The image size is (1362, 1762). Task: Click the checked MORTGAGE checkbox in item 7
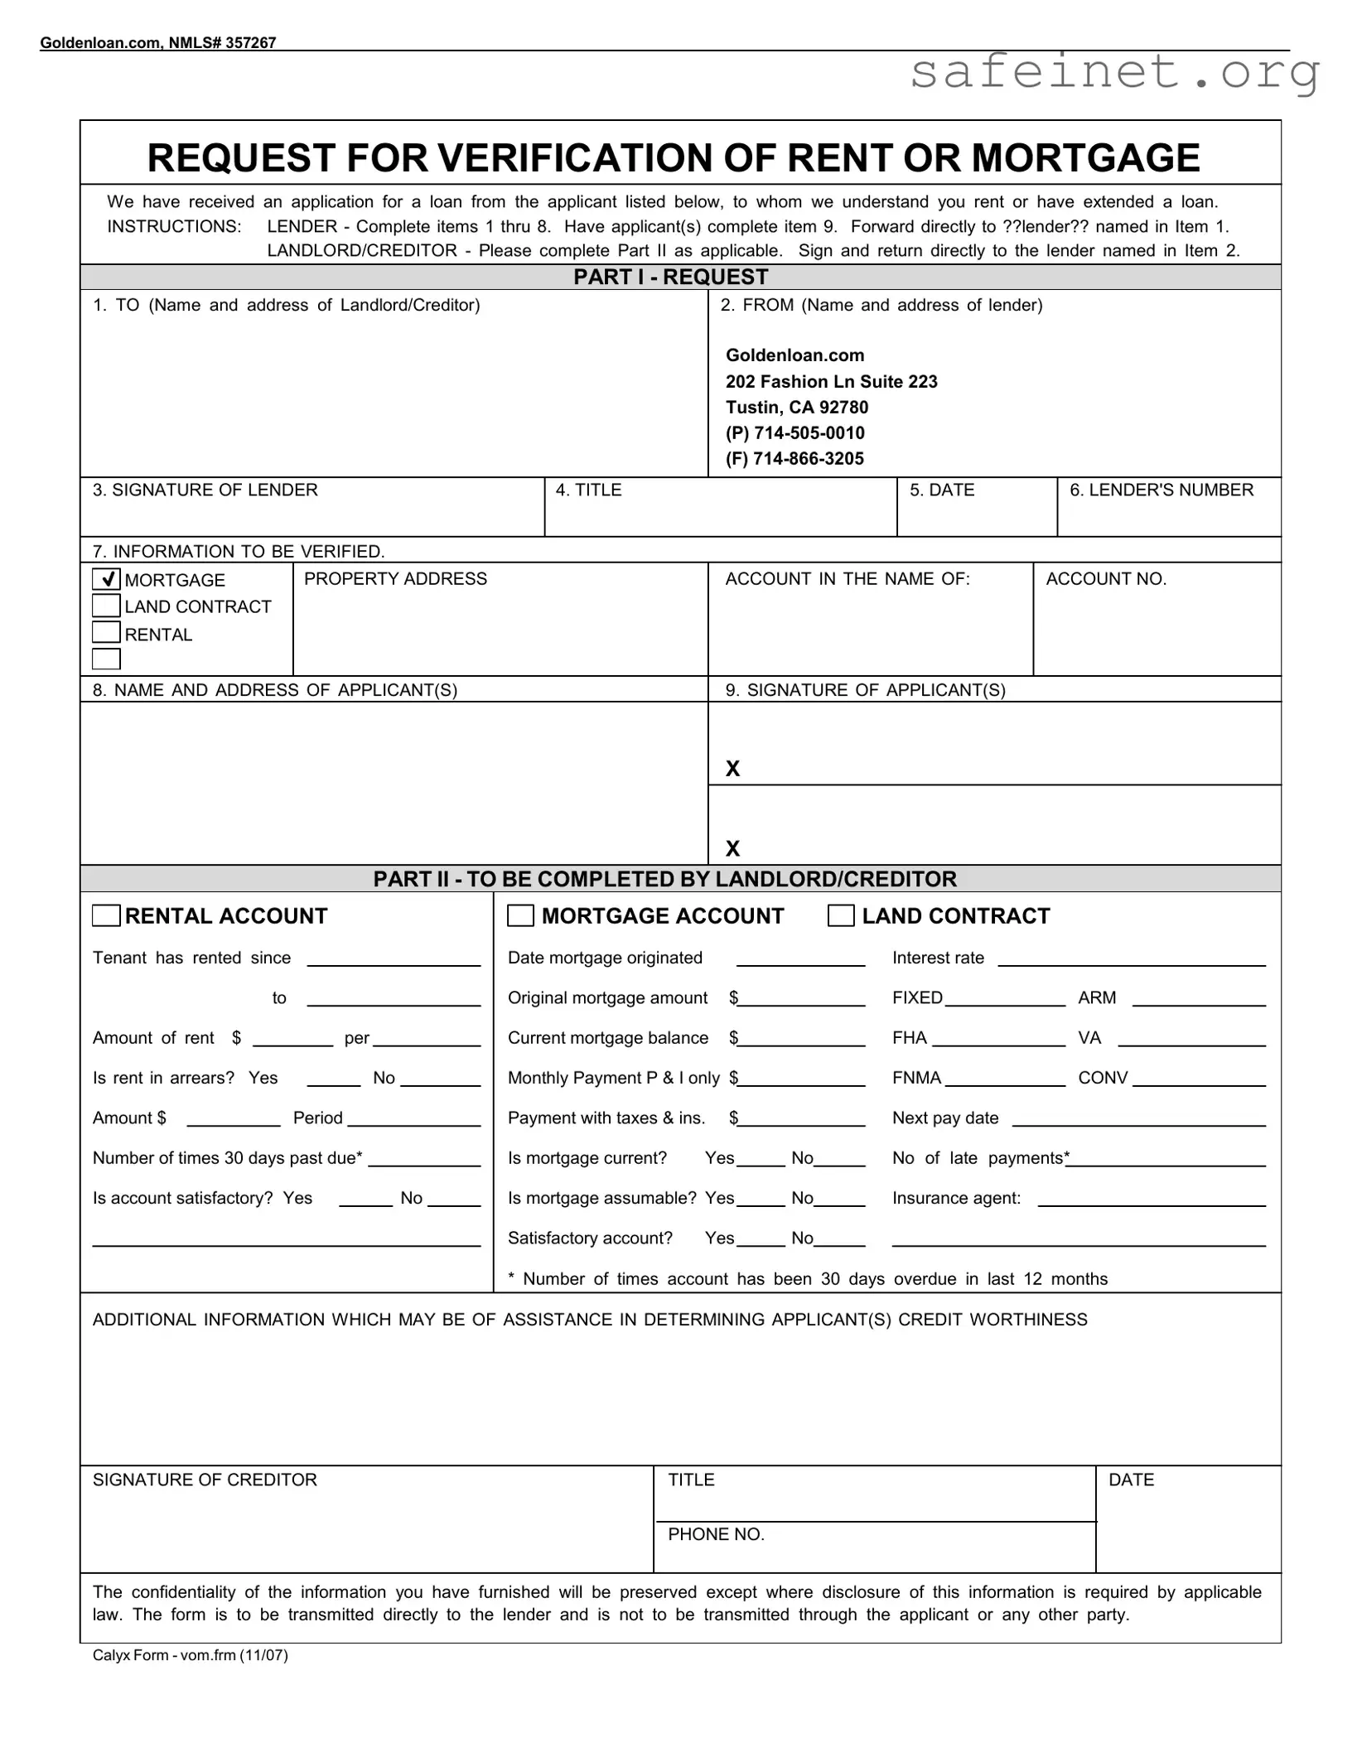pos(106,579)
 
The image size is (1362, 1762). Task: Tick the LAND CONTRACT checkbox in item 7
pos(106,606)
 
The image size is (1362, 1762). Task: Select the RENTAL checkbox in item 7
pos(106,632)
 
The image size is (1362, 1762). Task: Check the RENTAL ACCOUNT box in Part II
pos(106,915)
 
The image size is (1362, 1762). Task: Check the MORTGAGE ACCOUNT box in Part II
pos(520,915)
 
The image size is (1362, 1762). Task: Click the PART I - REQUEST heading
pos(670,277)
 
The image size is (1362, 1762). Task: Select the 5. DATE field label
pos(941,490)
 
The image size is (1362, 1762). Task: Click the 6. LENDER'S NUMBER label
pos(1161,490)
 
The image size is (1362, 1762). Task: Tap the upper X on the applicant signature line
pos(732,770)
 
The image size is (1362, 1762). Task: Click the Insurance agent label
pos(956,1198)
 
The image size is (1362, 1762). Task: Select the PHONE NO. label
pos(716,1534)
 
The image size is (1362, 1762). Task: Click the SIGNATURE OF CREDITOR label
pos(205,1480)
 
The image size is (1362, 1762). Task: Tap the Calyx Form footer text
pos(190,1655)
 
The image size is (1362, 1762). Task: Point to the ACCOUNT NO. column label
pos(1105,579)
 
